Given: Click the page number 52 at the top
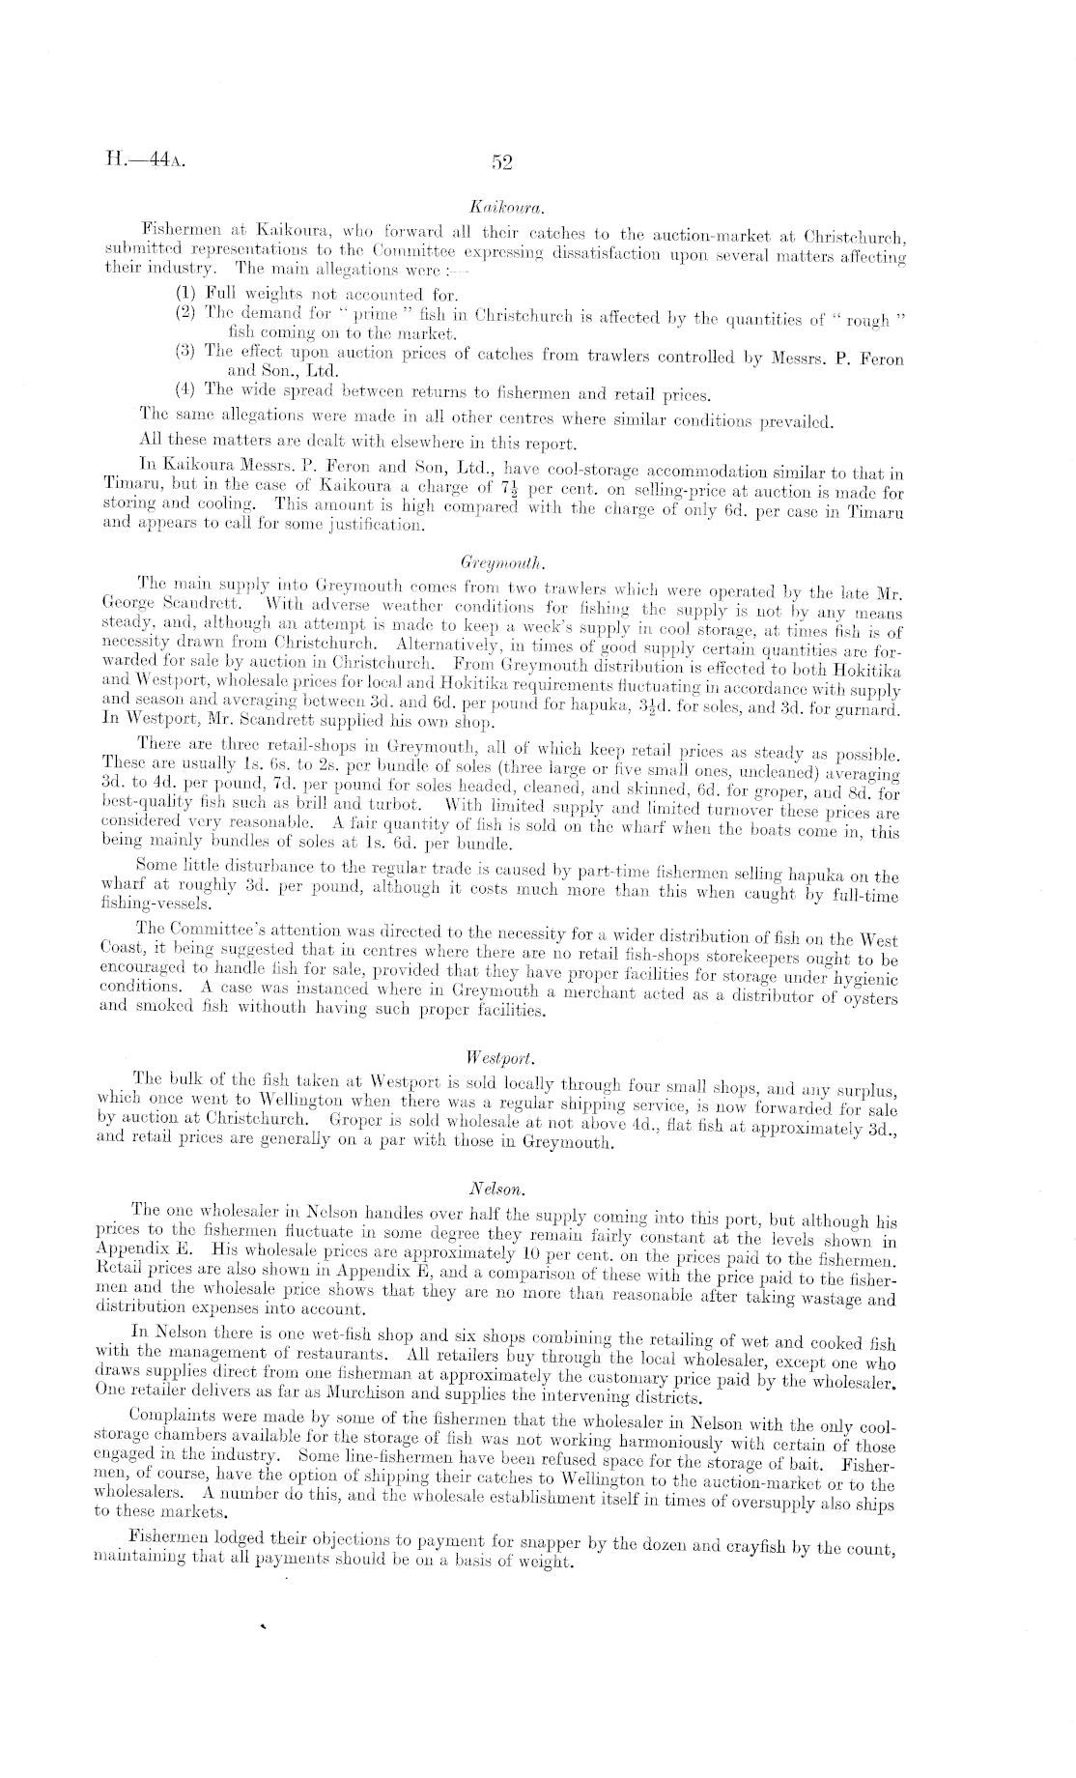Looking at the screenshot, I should point(501,162).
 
